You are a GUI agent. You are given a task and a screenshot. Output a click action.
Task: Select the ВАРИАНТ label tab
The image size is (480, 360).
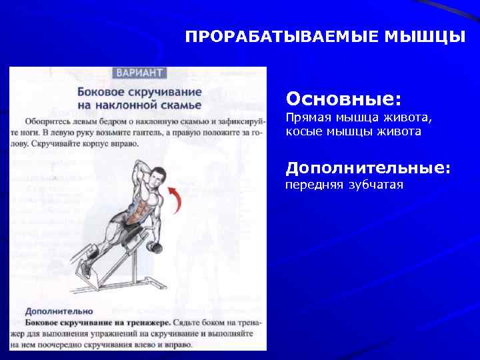point(140,72)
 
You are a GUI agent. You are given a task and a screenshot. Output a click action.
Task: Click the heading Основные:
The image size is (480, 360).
point(343,99)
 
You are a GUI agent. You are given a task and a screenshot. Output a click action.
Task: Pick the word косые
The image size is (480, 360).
point(303,131)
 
